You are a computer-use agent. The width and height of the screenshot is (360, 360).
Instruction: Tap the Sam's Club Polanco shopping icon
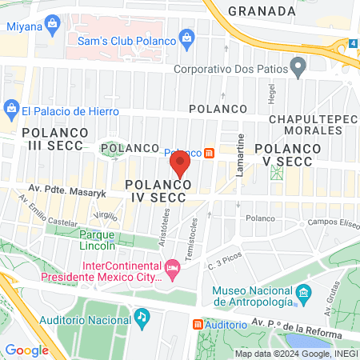pyautogui.click(x=186, y=37)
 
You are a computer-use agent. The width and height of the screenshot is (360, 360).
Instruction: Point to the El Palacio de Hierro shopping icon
pyautogui.click(x=11, y=106)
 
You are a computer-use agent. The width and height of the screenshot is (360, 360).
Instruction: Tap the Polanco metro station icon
pyautogui.click(x=210, y=152)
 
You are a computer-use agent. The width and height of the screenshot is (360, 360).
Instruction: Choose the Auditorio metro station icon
pyautogui.click(x=198, y=325)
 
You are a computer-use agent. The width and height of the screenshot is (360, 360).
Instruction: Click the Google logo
pyautogui.click(x=26, y=350)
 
